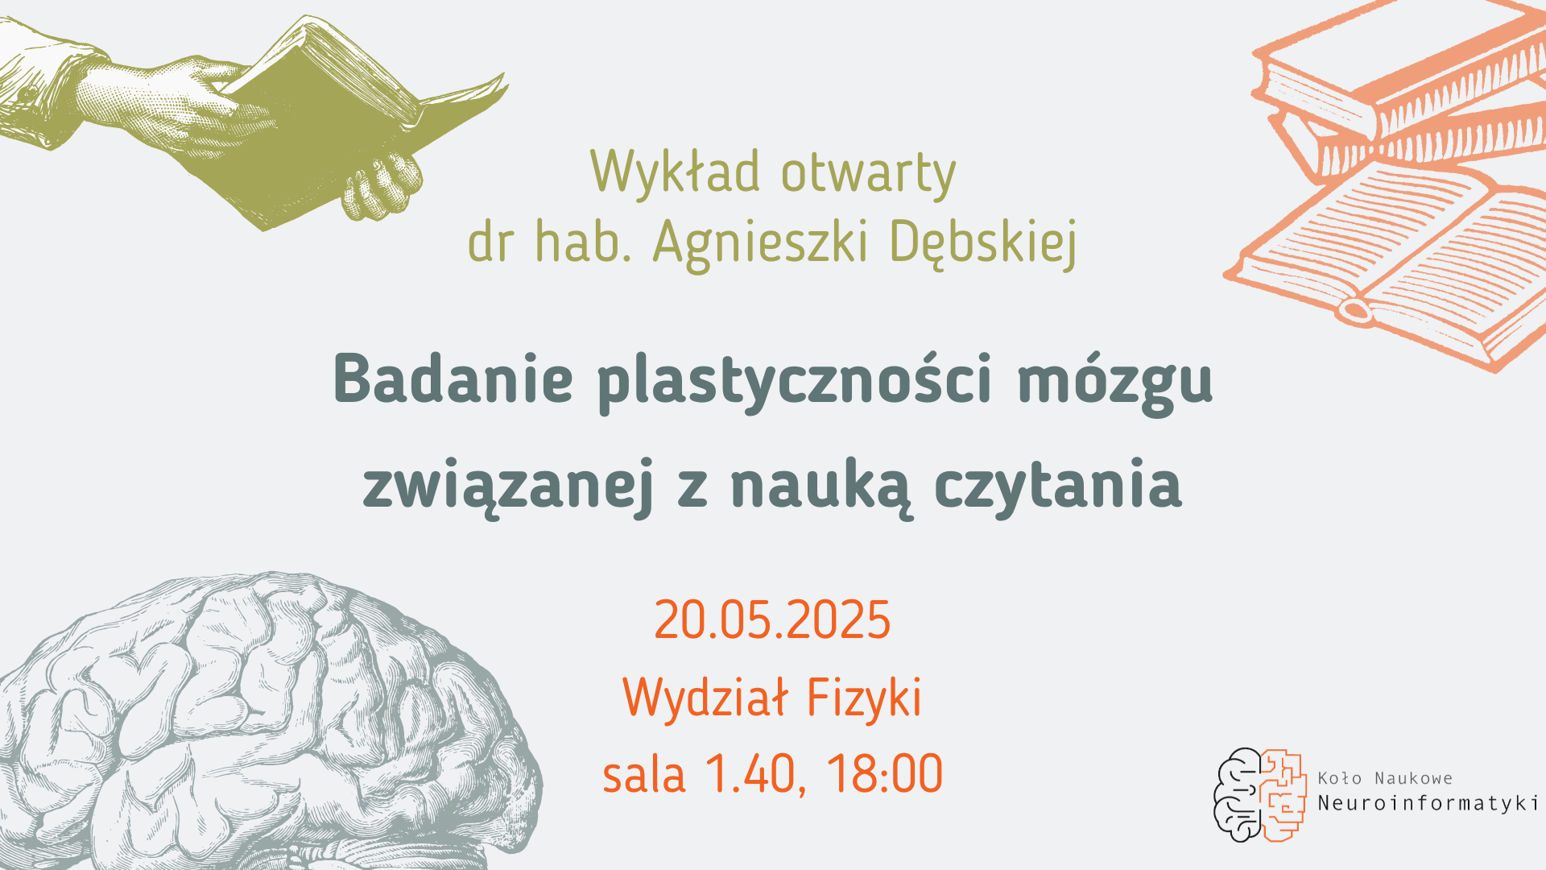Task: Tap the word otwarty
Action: pos(868,172)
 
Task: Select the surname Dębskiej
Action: pos(983,242)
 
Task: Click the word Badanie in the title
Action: pos(453,379)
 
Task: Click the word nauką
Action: pos(821,486)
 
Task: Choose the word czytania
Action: pos(1058,486)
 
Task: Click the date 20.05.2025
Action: pos(772,620)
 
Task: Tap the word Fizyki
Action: pos(863,698)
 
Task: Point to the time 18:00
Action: pos(884,774)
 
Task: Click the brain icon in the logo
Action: pos(1259,794)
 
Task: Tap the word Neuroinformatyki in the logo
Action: pos(1428,804)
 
